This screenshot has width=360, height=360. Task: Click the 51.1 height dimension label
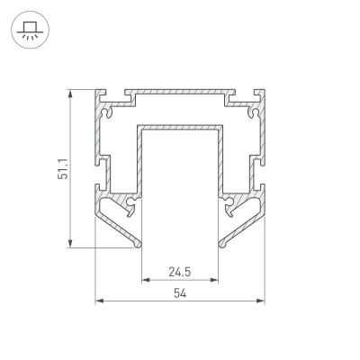click(63, 169)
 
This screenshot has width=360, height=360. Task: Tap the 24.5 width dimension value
click(180, 272)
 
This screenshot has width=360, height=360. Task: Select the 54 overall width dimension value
click(180, 293)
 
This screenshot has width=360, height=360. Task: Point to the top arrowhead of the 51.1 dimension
click(70, 94)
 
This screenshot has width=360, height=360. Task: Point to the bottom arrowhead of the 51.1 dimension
click(70, 243)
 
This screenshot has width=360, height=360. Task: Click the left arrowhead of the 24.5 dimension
click(146, 280)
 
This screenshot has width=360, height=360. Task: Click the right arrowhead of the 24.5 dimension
click(214, 280)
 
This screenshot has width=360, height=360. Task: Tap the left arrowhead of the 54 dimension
click(99, 301)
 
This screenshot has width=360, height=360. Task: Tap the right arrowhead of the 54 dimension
click(261, 301)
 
